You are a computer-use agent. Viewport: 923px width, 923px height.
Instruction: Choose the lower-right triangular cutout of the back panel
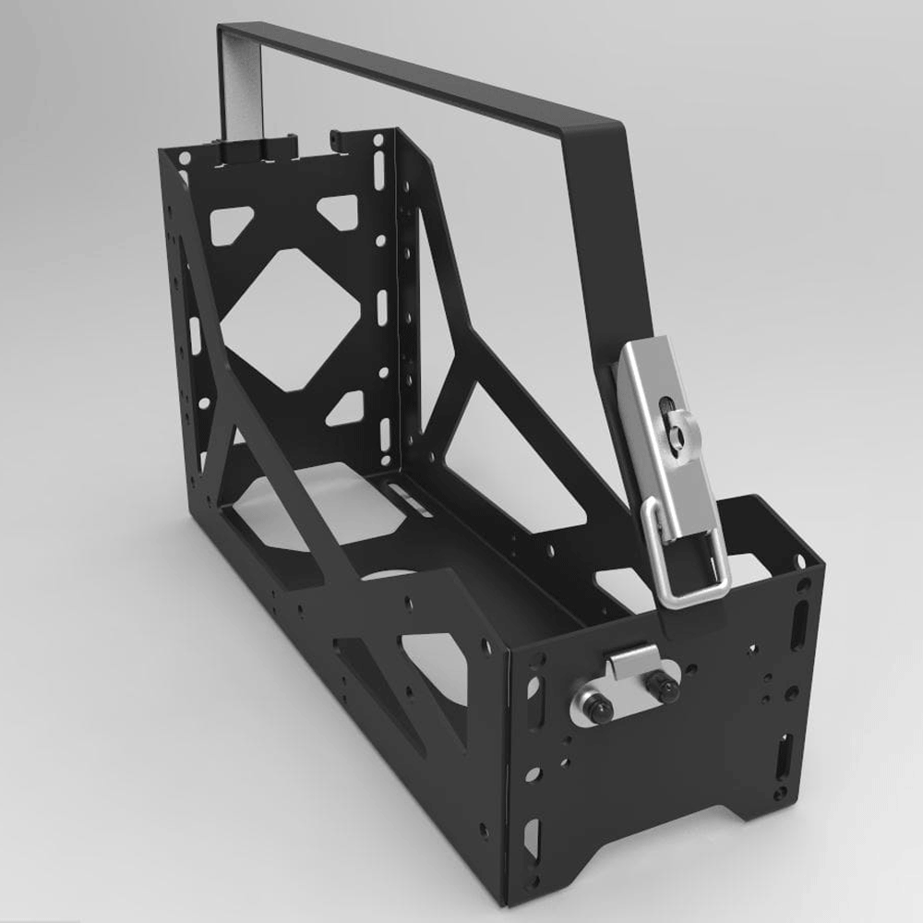(345, 407)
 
